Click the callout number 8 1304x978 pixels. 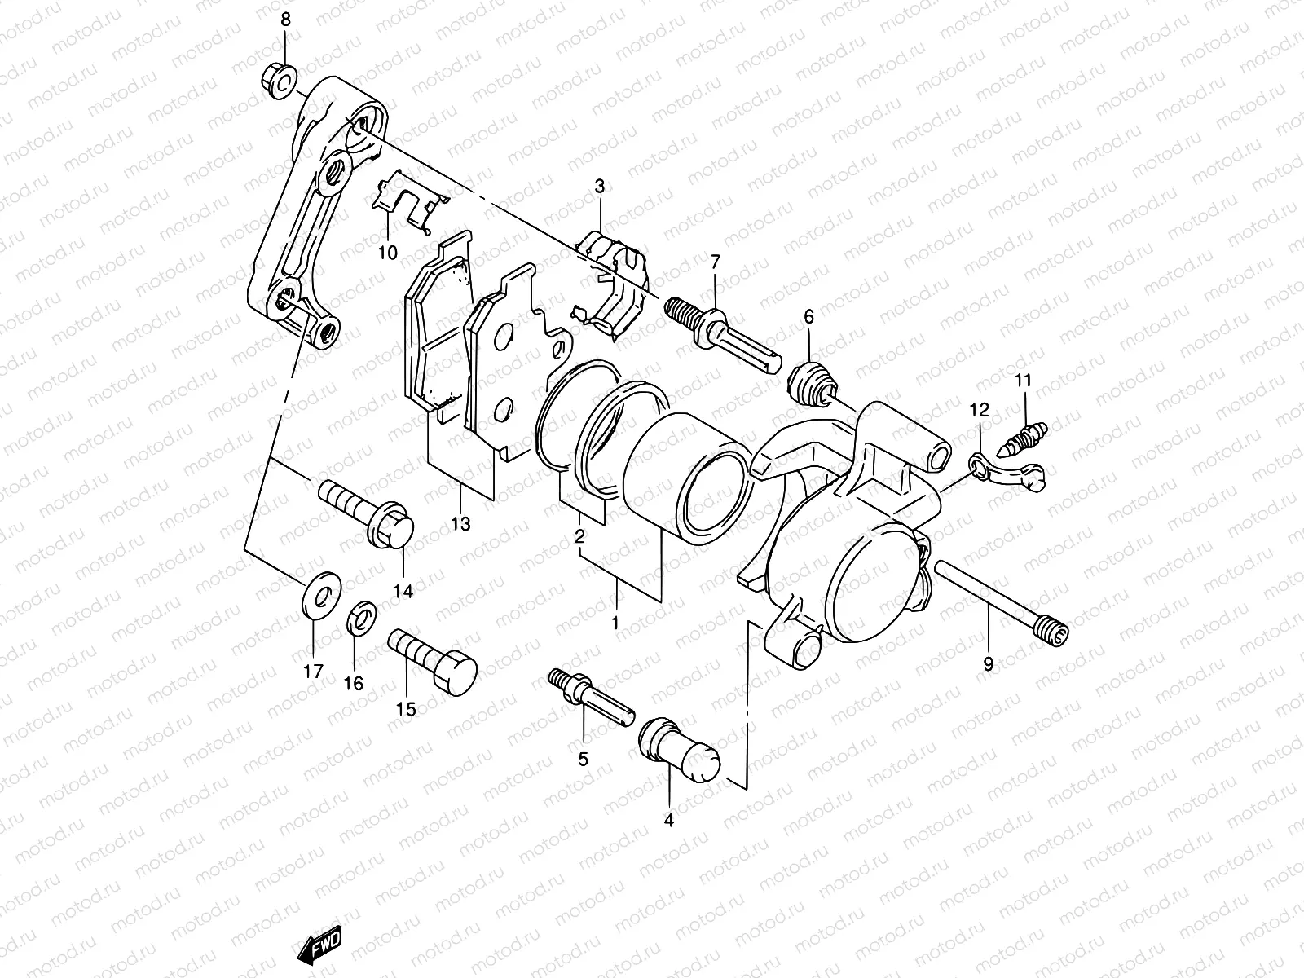click(285, 20)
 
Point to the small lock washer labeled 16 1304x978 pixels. click(361, 618)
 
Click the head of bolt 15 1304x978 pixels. click(456, 675)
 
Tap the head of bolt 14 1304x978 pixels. click(395, 528)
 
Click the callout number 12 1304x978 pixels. click(979, 410)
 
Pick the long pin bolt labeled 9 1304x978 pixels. click(998, 601)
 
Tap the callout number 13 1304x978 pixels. click(460, 524)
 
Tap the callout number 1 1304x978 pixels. click(616, 623)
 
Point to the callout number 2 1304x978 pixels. click(579, 537)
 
